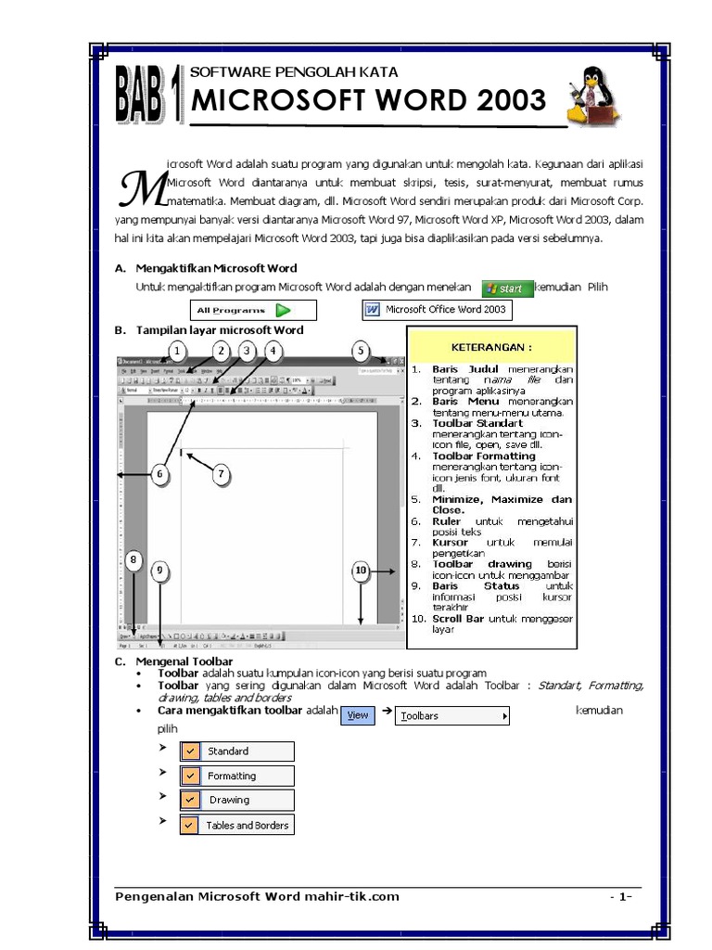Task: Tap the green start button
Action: pos(508,288)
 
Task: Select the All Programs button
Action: pos(253,310)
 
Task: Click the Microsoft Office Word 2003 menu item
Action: pos(437,309)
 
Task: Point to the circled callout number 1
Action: pos(177,351)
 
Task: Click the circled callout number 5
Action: pos(361,351)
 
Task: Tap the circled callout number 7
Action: pos(221,475)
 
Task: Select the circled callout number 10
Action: pos(361,571)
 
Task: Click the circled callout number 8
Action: pos(133,559)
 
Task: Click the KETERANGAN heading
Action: pos(491,348)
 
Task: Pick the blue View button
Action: pos(358,715)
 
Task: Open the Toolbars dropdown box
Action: pos(453,716)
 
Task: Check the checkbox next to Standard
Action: pos(189,751)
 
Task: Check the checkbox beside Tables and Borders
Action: pos(189,825)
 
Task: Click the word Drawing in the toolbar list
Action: pos(229,800)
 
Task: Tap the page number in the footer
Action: pos(620,896)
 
